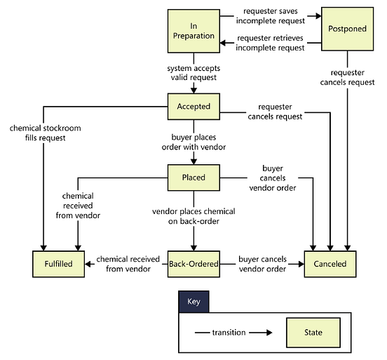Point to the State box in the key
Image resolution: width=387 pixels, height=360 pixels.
click(313, 332)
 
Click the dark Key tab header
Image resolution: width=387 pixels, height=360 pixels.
click(193, 301)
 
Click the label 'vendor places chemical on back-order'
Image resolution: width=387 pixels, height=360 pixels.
click(193, 216)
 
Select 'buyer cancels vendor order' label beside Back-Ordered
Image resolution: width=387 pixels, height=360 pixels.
click(262, 264)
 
